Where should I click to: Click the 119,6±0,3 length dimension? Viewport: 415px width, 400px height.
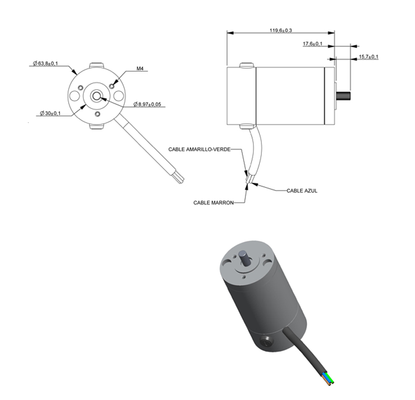point(281,31)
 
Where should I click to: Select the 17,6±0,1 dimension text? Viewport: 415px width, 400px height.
point(313,44)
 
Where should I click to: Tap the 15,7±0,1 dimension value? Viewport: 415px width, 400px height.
point(368,57)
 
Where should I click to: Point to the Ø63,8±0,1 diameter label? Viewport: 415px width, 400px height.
point(45,63)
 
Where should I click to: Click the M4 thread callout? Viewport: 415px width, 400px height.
point(140,68)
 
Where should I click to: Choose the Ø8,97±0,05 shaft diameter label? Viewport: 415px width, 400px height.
point(147,104)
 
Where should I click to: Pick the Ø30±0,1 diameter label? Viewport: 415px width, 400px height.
point(50,113)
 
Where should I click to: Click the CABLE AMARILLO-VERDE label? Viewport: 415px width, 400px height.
point(199,149)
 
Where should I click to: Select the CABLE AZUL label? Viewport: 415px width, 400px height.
point(302,190)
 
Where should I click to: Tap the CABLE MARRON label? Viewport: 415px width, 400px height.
point(214,203)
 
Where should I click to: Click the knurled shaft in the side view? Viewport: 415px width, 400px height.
point(343,95)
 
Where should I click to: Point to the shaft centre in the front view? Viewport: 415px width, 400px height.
point(96,96)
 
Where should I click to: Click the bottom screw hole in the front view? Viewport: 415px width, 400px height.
point(98,114)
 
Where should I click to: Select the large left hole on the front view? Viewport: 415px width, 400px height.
point(74,95)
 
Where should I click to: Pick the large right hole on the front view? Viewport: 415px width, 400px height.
point(119,95)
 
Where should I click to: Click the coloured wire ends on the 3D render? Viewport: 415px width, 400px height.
point(328,378)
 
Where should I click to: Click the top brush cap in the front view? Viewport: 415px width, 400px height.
point(96,65)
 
